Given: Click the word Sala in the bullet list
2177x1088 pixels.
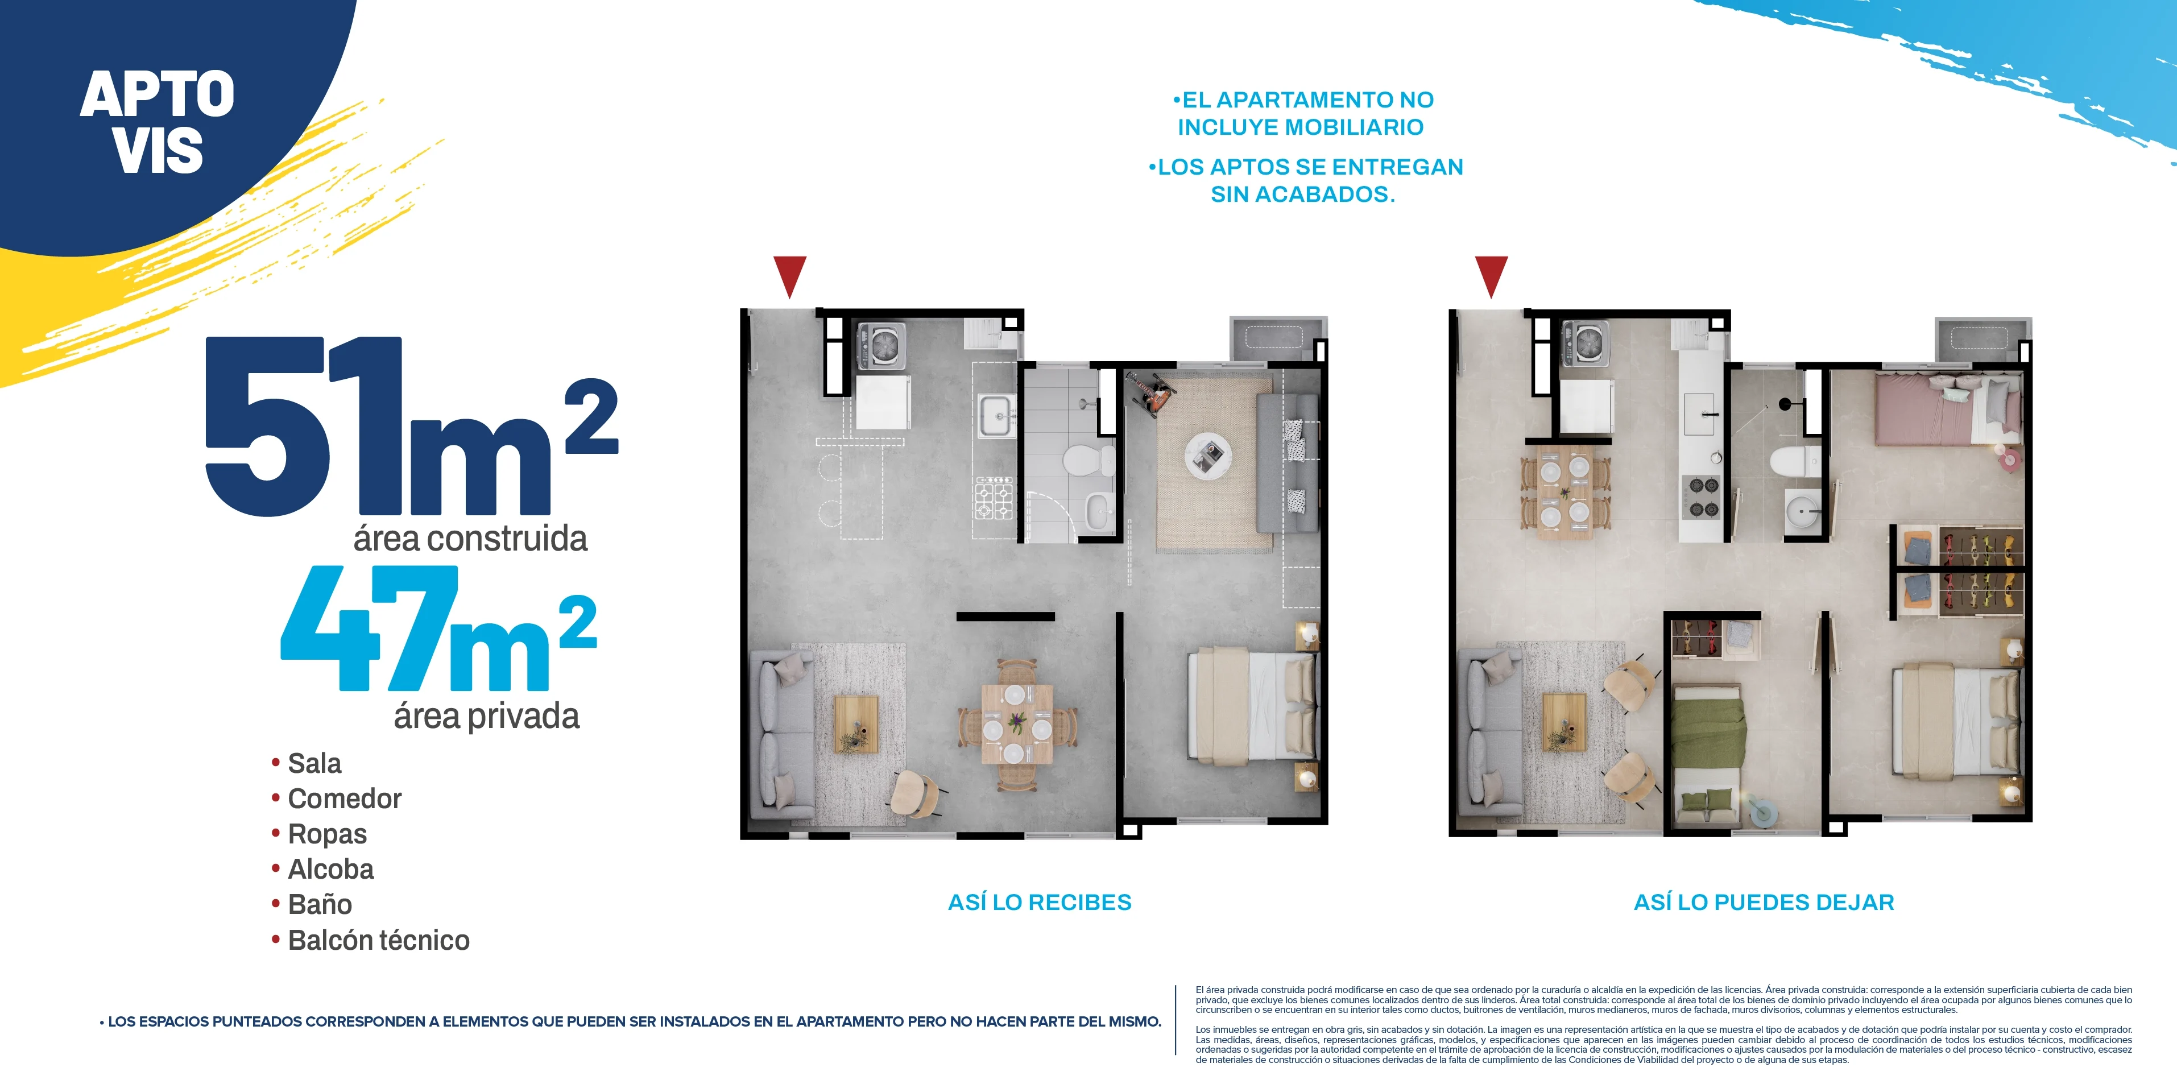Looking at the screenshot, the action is tap(314, 763).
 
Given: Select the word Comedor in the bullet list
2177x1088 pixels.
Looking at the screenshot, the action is tap(345, 799).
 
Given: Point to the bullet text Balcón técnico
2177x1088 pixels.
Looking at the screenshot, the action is tap(379, 940).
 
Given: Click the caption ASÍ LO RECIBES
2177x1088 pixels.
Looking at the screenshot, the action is tap(1040, 902).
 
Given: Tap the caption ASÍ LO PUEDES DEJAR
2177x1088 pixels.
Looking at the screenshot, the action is tap(1764, 902).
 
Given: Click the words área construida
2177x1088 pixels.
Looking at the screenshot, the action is tap(470, 539).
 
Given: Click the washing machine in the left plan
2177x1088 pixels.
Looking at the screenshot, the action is tap(882, 346).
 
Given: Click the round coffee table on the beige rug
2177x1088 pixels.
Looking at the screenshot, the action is tap(1207, 457).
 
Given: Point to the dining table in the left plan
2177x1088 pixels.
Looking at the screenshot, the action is tap(1017, 723).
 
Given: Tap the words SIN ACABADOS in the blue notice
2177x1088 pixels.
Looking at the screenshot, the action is tap(1302, 195).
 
